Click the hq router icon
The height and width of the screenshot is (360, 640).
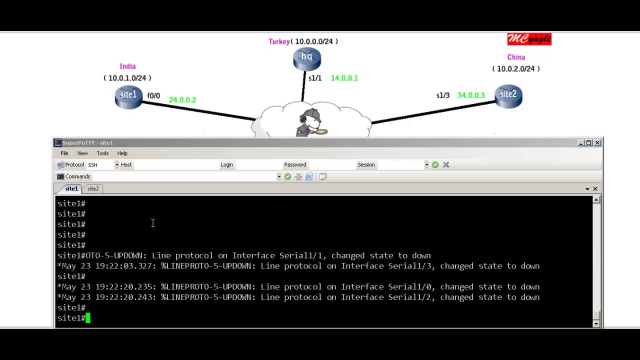point(307,58)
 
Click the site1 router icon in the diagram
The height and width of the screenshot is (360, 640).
point(128,97)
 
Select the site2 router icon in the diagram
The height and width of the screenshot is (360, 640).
point(508,96)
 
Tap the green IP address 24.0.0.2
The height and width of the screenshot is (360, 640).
point(182,99)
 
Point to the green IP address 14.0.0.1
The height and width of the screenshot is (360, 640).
point(344,78)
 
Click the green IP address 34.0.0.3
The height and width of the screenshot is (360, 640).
point(471,95)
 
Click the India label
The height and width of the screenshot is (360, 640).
point(127,66)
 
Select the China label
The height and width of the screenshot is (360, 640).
point(516,57)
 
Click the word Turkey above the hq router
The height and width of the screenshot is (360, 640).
point(279,41)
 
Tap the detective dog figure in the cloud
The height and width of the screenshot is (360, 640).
point(311,123)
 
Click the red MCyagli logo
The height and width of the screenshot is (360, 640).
point(529,39)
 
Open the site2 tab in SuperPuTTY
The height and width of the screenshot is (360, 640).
point(93,188)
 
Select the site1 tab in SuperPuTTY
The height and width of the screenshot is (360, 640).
point(71,188)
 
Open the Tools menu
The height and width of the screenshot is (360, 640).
point(102,153)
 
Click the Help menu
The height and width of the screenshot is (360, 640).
point(122,153)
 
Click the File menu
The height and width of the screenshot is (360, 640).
point(64,153)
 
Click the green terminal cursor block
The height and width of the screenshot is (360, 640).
point(88,318)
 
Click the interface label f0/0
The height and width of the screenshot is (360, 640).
point(153,95)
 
